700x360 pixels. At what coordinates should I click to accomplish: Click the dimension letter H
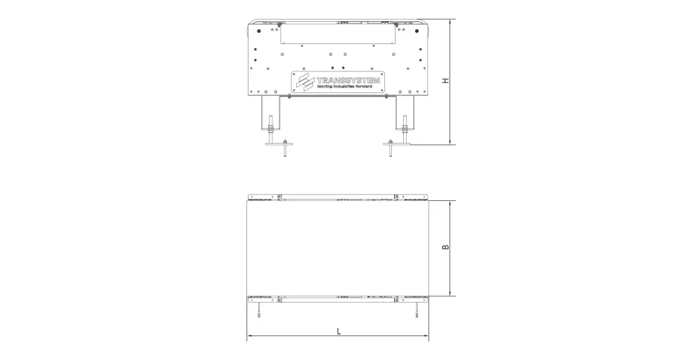tap(445, 81)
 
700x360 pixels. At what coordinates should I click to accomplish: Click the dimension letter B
tap(445, 247)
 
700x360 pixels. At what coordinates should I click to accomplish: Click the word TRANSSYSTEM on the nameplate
tap(349, 80)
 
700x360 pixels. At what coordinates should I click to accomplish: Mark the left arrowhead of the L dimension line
tap(250, 337)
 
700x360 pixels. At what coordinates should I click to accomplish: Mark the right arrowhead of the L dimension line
tap(426, 337)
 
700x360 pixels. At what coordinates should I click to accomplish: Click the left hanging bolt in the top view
tap(258, 310)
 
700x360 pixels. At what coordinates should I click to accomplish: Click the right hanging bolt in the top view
tap(416, 310)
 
